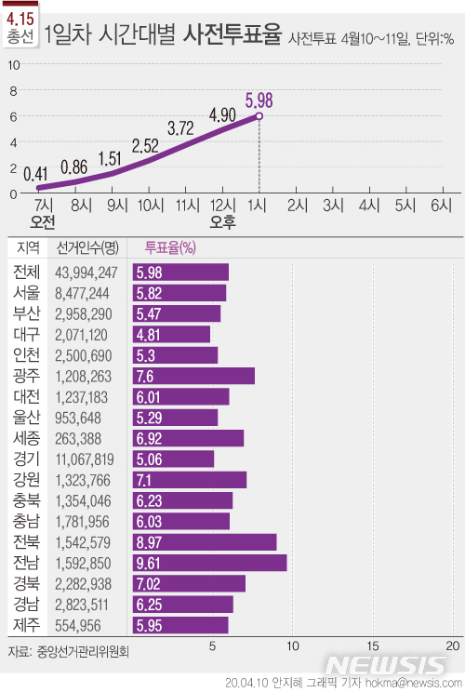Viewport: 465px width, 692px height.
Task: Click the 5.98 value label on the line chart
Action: point(259,100)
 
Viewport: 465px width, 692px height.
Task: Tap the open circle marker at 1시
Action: point(259,116)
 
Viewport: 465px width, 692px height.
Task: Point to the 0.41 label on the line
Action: point(36,173)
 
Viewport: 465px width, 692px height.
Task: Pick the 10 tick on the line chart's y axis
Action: point(13,65)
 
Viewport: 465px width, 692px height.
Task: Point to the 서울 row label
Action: point(27,292)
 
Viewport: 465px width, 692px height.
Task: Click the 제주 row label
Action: point(27,625)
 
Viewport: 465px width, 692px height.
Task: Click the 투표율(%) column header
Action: point(169,247)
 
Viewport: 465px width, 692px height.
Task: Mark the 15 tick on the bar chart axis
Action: point(373,645)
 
